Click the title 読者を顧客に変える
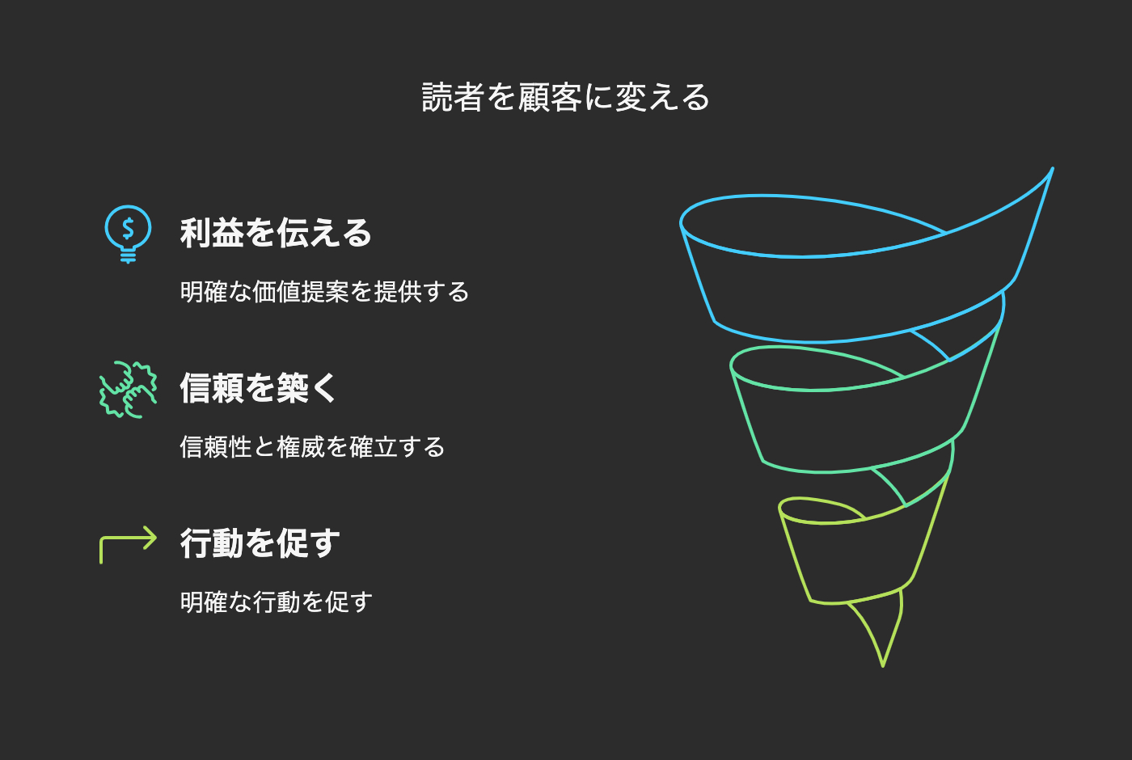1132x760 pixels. click(x=566, y=98)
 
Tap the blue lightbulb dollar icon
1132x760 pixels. click(x=128, y=233)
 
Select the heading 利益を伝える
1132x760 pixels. click(x=276, y=233)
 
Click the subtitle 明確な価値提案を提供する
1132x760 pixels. click(x=324, y=291)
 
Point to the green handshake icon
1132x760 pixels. click(x=128, y=389)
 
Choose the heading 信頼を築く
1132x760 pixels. click(x=258, y=388)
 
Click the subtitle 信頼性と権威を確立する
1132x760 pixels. click(x=312, y=446)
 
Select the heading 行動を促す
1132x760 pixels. click(x=260, y=543)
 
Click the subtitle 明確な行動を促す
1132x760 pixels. click(x=276, y=602)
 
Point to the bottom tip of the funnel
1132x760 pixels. click(x=882, y=665)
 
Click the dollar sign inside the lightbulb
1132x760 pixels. click(x=128, y=227)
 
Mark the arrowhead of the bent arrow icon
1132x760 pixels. click(x=150, y=538)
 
